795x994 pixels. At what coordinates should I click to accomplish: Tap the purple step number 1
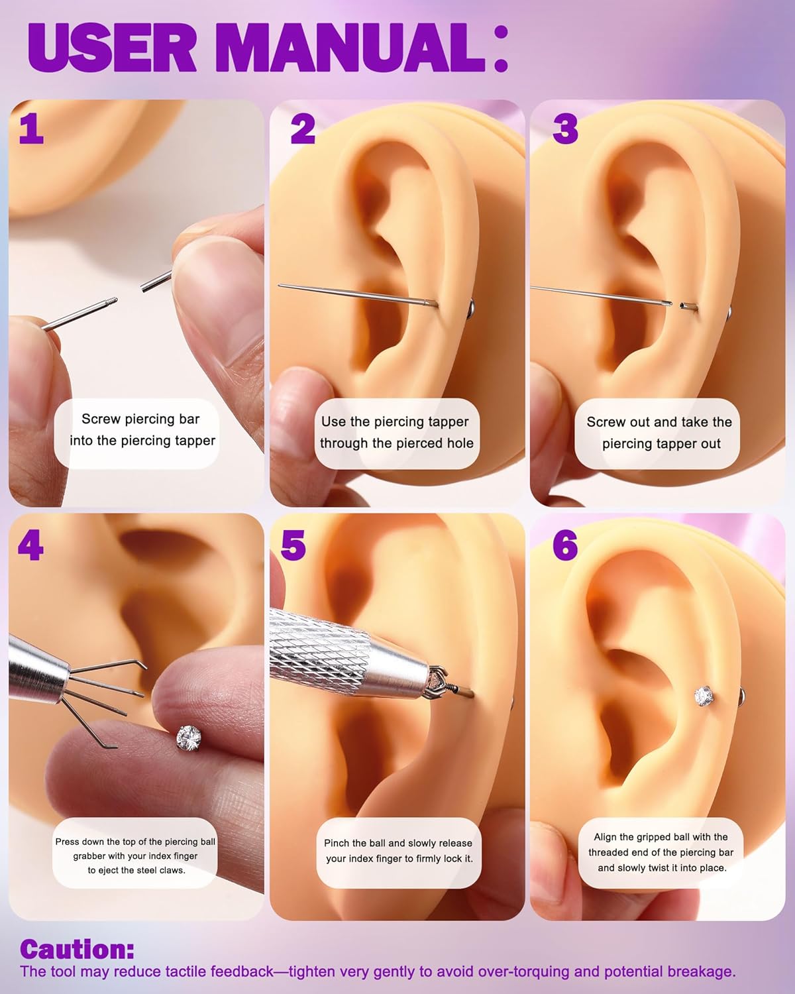tap(31, 129)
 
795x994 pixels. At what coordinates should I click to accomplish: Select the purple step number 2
tap(303, 129)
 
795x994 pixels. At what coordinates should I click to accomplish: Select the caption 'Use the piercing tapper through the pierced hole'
tap(396, 433)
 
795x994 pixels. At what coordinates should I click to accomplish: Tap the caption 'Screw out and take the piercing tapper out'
tap(659, 433)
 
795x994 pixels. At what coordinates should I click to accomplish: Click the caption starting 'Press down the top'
tap(136, 856)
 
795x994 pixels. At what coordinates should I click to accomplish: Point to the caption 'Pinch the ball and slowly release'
tap(398, 851)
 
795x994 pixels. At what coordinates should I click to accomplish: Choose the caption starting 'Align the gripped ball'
tap(661, 852)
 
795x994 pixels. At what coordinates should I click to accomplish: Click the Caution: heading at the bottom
tap(77, 949)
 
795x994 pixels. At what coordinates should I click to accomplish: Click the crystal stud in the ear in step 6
tap(704, 695)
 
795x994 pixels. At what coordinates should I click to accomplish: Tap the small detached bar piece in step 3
tap(688, 306)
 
